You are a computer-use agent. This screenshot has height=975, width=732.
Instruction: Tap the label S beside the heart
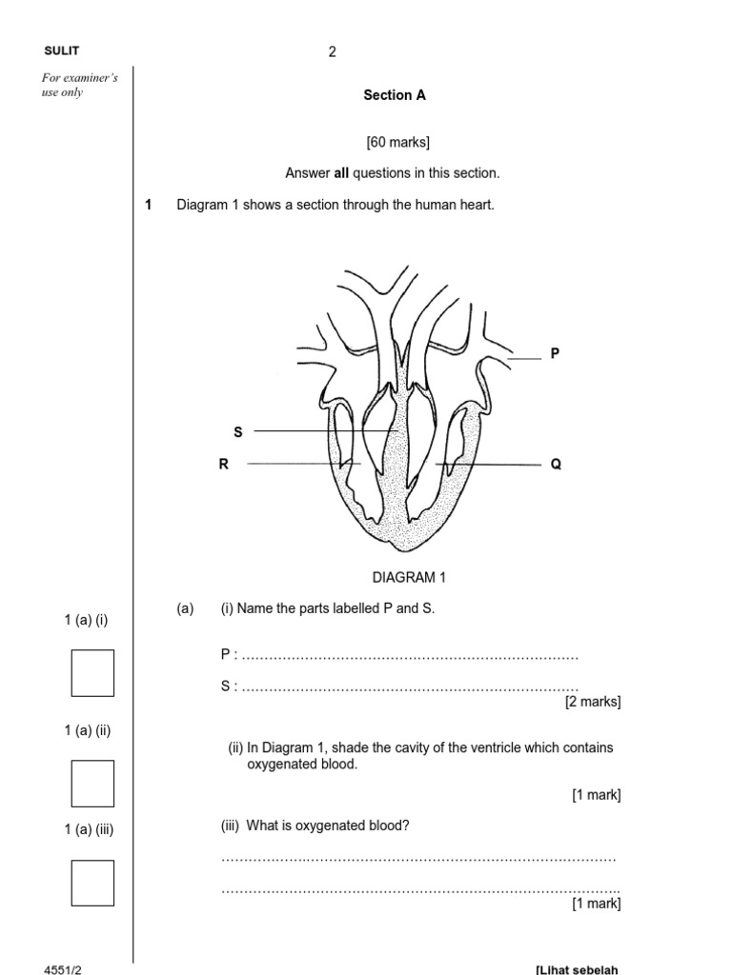click(238, 432)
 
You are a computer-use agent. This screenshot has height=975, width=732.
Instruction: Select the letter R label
click(226, 465)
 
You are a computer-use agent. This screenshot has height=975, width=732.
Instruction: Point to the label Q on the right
click(556, 465)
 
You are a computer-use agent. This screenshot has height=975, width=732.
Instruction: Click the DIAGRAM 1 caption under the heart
click(409, 577)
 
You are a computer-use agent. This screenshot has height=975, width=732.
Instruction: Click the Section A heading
click(395, 95)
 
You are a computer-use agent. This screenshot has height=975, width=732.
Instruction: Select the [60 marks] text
click(397, 143)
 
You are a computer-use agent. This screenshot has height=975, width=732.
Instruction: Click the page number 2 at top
click(333, 52)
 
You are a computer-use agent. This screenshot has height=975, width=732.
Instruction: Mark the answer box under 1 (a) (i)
click(92, 672)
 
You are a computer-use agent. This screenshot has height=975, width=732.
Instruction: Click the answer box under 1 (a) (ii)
click(92, 783)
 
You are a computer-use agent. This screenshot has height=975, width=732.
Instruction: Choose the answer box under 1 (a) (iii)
click(92, 883)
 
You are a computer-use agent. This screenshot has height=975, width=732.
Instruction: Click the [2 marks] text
click(592, 702)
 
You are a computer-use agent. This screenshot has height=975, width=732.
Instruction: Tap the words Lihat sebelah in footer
click(578, 969)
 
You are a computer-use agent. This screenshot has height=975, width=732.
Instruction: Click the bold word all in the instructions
click(341, 173)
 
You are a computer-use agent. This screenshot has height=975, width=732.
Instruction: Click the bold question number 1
click(149, 205)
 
